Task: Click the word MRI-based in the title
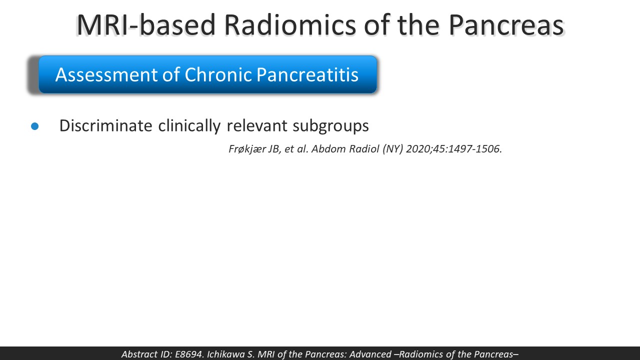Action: click(x=146, y=25)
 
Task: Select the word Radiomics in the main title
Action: click(x=290, y=25)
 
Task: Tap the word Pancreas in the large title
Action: click(x=506, y=25)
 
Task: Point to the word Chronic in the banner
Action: click(x=218, y=74)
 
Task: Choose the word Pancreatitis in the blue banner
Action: click(x=307, y=74)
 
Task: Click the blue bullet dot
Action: click(x=35, y=126)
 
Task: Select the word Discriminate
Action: click(x=105, y=125)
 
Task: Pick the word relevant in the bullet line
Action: click(x=257, y=125)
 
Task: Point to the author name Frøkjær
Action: click(x=247, y=149)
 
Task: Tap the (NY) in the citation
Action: click(x=393, y=149)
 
